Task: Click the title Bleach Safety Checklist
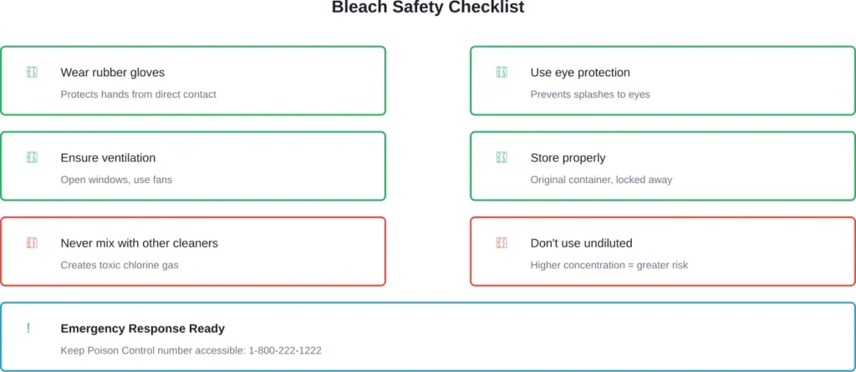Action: click(428, 8)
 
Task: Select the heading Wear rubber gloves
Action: click(112, 73)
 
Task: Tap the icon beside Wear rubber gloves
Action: click(32, 73)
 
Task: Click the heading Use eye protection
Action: click(580, 73)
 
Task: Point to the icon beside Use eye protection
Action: click(502, 73)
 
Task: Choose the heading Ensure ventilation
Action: click(108, 158)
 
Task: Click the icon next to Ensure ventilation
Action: click(32, 158)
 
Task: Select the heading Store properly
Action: click(568, 158)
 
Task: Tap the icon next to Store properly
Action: click(502, 158)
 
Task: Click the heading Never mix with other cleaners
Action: click(139, 243)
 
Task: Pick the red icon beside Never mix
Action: click(32, 243)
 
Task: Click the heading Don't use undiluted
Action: click(581, 243)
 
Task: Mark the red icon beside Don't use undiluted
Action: click(502, 243)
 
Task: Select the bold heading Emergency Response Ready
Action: click(142, 329)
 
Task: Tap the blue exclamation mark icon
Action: click(28, 329)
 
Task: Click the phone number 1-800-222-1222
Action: click(284, 350)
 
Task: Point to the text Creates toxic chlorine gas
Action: click(120, 265)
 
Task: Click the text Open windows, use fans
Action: click(116, 180)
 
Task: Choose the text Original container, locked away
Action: click(601, 180)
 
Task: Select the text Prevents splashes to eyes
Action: click(589, 94)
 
